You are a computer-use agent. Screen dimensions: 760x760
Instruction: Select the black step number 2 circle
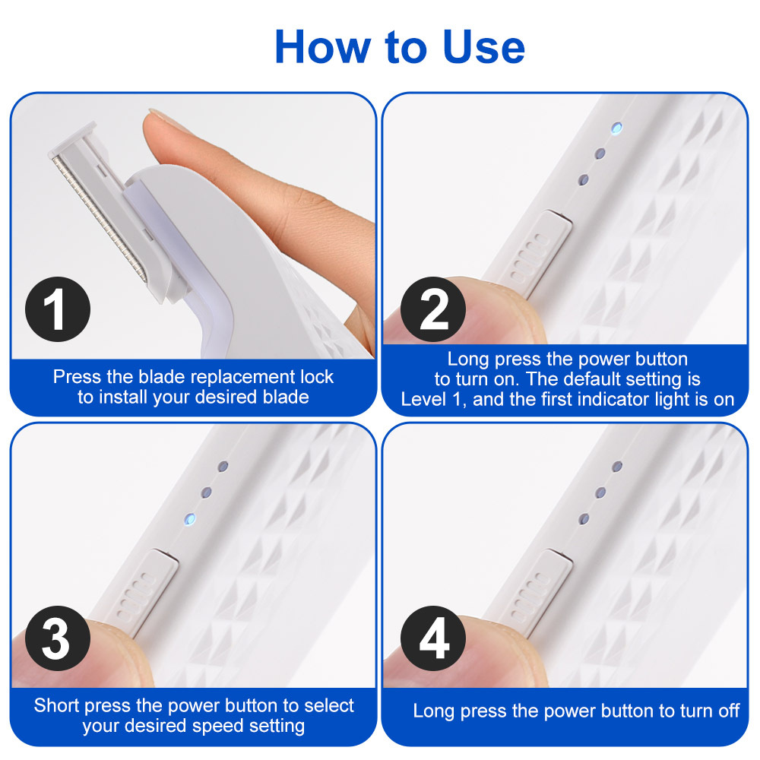coord(433,311)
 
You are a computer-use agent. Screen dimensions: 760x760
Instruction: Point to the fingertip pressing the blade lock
coord(171,125)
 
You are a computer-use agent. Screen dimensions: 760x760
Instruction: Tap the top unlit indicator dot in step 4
coord(617,466)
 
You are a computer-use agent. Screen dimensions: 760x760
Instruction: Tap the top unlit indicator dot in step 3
coord(223,464)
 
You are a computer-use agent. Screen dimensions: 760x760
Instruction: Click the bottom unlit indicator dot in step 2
coord(583,180)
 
